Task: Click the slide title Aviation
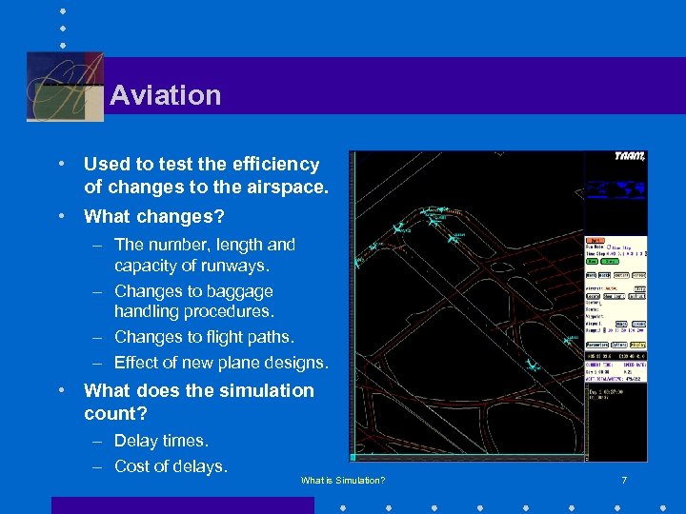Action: tap(165, 95)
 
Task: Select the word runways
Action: tap(238, 265)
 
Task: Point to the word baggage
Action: tap(241, 291)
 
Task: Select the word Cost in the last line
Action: tap(133, 465)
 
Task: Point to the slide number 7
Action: tap(624, 481)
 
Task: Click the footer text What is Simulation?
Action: tap(343, 481)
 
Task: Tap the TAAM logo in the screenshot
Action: tap(629, 157)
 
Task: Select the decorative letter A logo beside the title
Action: tap(65, 87)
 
